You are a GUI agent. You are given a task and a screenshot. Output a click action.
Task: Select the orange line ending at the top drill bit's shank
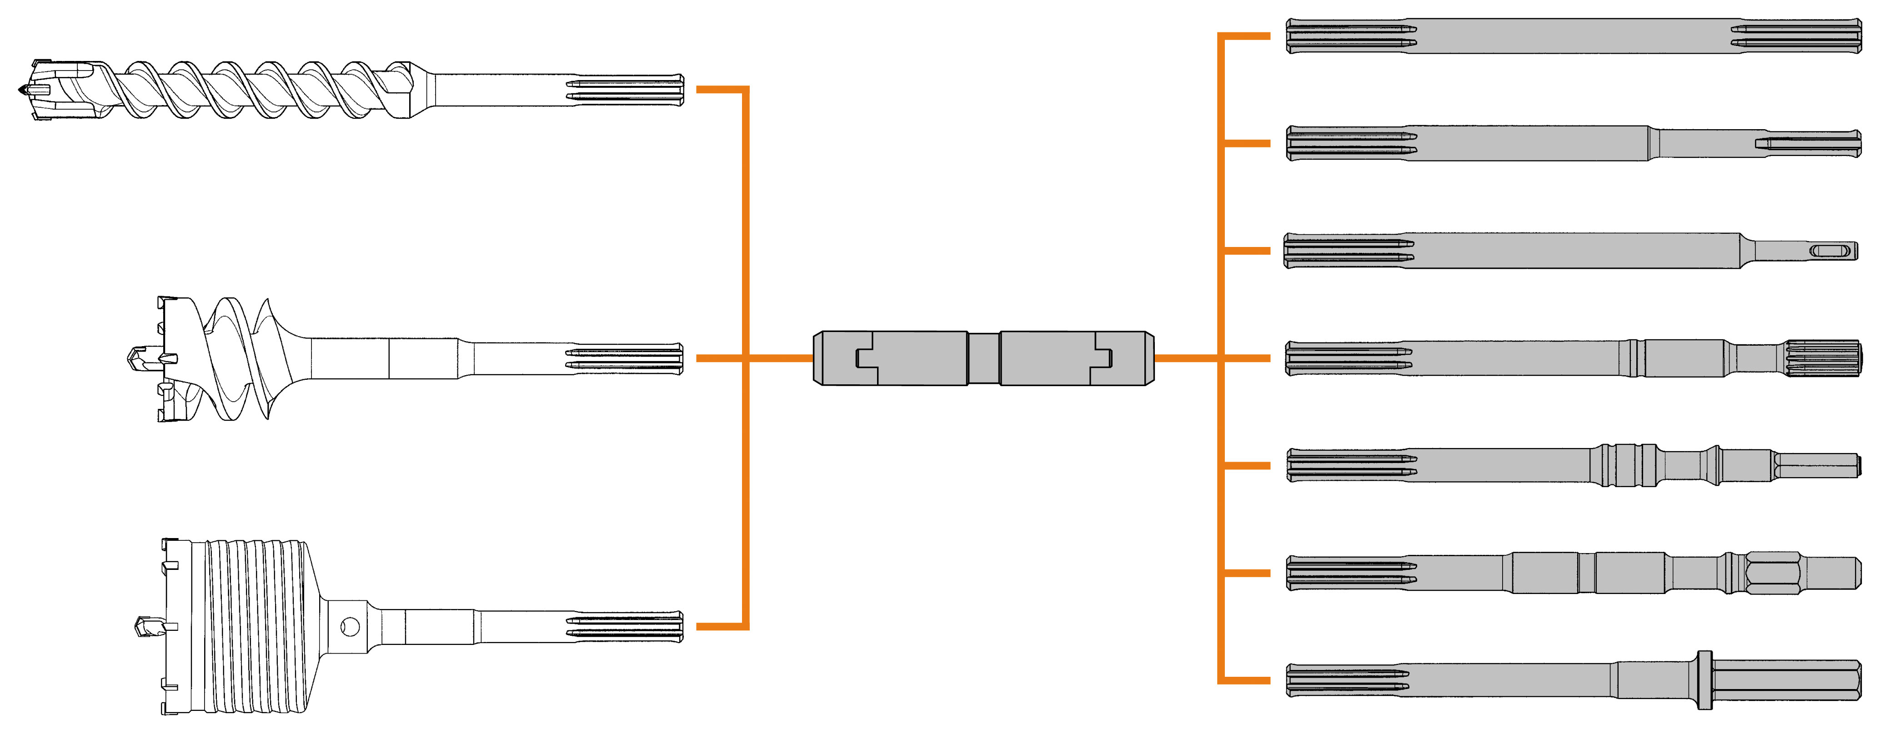click(719, 90)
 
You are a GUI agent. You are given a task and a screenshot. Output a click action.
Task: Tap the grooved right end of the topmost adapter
click(1795, 36)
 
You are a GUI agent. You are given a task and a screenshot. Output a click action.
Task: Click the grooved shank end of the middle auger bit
click(624, 358)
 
